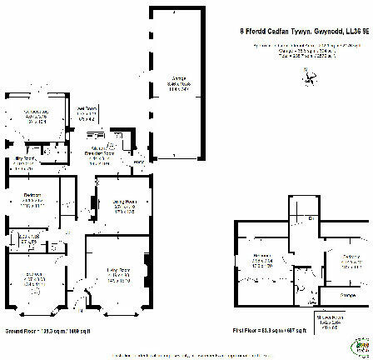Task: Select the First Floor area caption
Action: click(x=269, y=331)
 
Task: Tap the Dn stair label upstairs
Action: click(x=310, y=218)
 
